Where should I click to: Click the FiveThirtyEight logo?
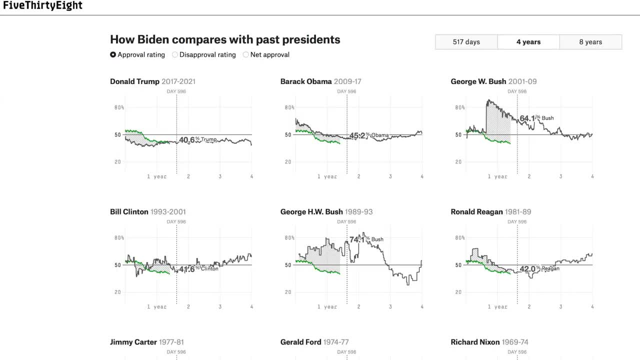(x=42, y=6)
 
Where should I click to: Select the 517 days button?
(x=466, y=42)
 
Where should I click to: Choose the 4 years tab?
(x=528, y=42)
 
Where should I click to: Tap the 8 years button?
(x=590, y=42)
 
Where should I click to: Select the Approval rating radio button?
(x=113, y=55)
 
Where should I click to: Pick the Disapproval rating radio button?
(x=175, y=55)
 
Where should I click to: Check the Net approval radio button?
(x=245, y=55)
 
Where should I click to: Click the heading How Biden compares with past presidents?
(x=225, y=39)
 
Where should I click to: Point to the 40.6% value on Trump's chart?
(x=187, y=140)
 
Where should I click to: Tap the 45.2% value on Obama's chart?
(x=357, y=135)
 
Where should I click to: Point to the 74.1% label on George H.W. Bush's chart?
(x=357, y=239)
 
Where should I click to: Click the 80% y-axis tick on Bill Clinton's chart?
(x=119, y=238)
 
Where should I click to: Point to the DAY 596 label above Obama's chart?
(x=346, y=91)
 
